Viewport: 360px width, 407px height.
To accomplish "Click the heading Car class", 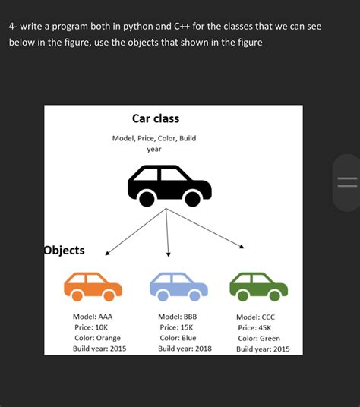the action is click(156, 118).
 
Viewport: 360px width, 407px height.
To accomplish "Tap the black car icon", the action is click(169, 186).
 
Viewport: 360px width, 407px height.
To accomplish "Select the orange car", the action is click(93, 286).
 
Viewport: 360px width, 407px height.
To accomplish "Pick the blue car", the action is click(178, 286).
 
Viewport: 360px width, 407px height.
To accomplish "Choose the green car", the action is click(259, 286).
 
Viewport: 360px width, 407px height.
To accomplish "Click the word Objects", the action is click(64, 251).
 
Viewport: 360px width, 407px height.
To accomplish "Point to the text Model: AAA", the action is click(93, 317).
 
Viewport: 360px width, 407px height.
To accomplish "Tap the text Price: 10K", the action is click(91, 327).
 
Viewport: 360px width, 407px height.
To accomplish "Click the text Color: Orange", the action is click(97, 338).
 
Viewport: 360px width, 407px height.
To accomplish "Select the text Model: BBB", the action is click(178, 317).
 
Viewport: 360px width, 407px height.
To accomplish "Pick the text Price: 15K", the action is click(176, 327).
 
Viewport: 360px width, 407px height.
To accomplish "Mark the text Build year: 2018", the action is click(185, 349).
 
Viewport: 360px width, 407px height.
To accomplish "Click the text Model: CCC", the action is click(255, 317).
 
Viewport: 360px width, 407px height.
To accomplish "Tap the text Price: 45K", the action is click(254, 328).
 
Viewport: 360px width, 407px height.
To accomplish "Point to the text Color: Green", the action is click(259, 339).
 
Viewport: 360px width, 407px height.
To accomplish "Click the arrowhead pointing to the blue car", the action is click(168, 254).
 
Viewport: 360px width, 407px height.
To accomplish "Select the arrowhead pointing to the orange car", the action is click(107, 253).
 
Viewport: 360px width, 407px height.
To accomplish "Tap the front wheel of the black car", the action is click(192, 199).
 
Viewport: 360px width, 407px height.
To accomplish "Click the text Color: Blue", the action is click(178, 338).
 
